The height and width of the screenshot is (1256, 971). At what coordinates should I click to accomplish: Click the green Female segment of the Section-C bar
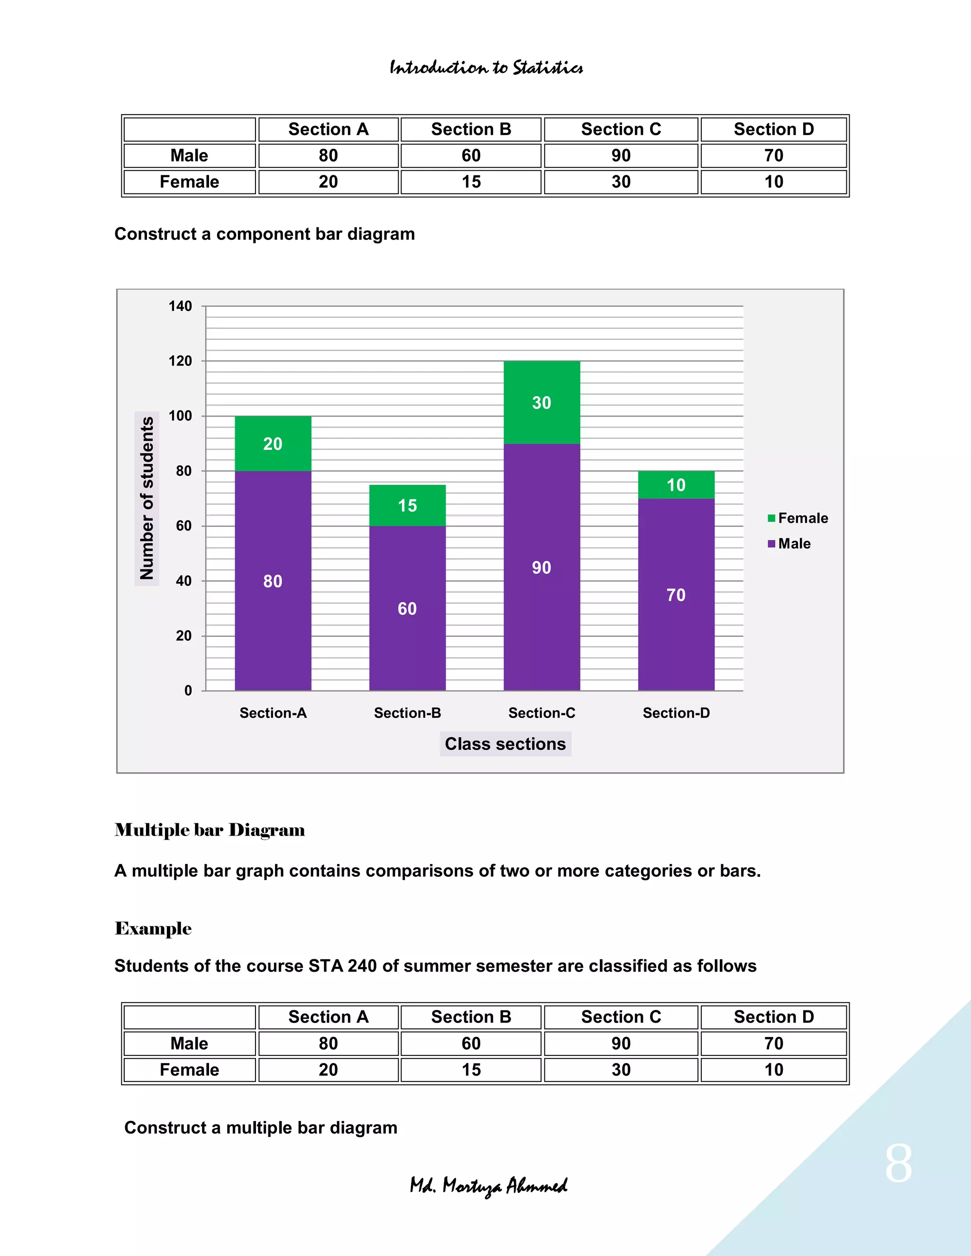click(541, 402)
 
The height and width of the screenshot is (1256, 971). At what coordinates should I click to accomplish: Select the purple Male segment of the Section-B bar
click(407, 608)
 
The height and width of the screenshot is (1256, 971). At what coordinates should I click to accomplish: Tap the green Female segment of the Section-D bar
click(676, 485)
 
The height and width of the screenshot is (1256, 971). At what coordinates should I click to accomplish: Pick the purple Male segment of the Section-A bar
click(273, 581)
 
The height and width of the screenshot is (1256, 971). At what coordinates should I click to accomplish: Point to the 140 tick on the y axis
click(180, 306)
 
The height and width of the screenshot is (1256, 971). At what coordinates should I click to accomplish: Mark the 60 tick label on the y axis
click(183, 526)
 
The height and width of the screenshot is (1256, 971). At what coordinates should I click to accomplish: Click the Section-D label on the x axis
click(676, 713)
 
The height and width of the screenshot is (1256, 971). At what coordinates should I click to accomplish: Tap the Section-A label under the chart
click(273, 713)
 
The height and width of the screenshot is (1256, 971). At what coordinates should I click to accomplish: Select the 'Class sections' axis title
click(505, 744)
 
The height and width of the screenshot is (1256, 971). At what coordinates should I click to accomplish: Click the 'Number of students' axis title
click(147, 498)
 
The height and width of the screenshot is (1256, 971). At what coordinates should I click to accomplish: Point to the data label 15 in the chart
click(407, 506)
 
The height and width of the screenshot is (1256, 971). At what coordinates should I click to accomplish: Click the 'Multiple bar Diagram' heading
click(210, 830)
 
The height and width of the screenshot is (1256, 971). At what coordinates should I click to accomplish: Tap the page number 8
click(898, 1164)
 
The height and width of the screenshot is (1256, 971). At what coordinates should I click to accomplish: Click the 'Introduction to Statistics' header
click(486, 68)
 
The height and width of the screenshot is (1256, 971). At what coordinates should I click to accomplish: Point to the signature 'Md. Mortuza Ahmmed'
click(488, 1186)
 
